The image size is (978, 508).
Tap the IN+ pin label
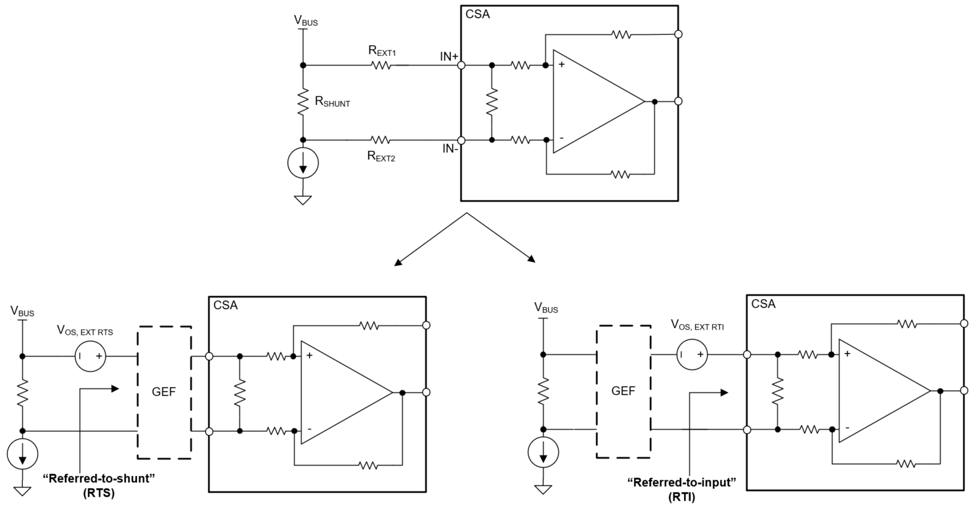pos(449,57)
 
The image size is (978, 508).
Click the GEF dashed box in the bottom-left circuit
pos(164,392)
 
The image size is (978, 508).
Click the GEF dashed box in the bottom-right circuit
pos(624,391)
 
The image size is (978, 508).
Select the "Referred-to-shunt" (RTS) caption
pos(98,484)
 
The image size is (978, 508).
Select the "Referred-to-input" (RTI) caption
pos(682,490)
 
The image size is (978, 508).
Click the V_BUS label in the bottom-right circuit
pos(546,307)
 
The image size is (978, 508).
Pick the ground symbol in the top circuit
pos(303,199)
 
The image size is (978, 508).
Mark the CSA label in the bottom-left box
pos(226,305)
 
